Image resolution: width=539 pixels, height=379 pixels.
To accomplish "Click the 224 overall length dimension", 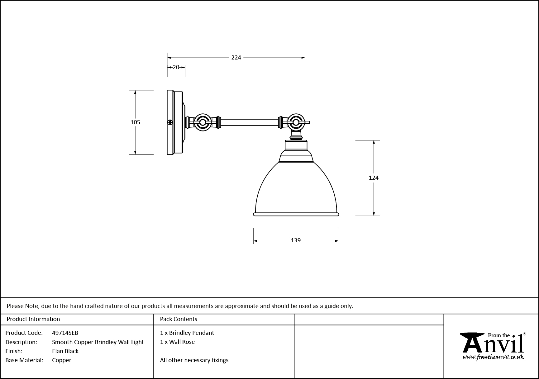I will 236,58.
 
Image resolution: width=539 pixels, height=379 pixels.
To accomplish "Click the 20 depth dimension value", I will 176,67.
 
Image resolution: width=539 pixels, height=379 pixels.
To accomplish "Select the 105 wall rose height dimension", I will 135,122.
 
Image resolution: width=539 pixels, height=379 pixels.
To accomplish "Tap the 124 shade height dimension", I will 373,178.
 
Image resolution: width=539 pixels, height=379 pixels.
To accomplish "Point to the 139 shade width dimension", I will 296,240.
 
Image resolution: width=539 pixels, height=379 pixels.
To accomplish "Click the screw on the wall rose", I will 170,122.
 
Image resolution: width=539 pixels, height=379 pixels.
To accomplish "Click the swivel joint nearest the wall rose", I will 203,122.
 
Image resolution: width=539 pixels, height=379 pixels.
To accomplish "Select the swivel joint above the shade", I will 295,122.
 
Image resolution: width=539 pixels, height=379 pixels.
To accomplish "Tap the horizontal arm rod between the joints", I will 249,122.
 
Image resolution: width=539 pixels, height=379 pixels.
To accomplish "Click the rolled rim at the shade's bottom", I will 296,214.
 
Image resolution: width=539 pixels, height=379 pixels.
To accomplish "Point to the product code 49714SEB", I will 65,333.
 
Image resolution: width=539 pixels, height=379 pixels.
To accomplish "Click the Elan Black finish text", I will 65,351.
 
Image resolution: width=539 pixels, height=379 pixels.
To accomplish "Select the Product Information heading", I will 33,319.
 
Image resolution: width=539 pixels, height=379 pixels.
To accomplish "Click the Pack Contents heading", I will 179,319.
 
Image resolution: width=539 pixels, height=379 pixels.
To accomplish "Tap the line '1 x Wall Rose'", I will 177,342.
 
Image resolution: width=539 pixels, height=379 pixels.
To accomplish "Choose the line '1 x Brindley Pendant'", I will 187,333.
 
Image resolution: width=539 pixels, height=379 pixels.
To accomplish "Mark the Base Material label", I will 24,360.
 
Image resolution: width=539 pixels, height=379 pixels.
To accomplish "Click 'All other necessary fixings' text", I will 194,360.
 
